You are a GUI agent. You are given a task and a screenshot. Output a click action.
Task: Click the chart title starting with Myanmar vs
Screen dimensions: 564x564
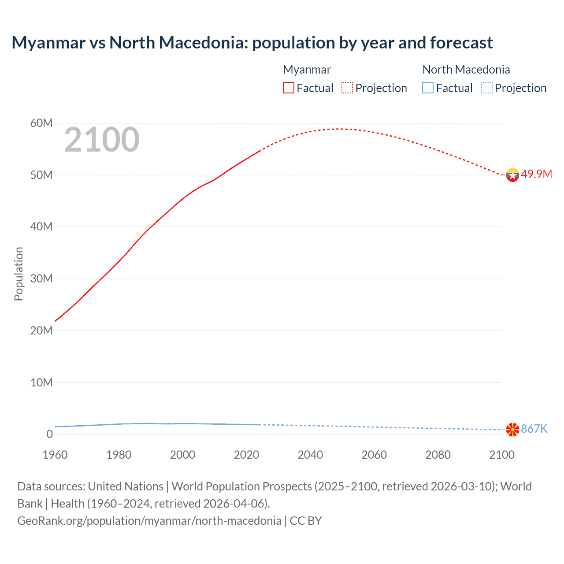pos(252,43)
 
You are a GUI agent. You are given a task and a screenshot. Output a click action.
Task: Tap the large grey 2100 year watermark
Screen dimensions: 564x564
pos(102,140)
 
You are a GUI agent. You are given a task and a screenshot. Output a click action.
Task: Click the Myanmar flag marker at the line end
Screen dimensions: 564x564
pos(512,175)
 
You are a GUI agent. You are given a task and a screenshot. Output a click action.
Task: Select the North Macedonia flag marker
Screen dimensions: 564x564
pos(512,429)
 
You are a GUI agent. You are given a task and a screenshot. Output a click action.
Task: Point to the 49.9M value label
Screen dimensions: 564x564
pos(536,174)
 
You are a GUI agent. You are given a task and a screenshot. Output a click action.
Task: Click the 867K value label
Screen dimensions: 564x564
pos(534,429)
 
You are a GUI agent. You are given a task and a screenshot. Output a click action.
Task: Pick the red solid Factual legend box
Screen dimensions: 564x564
pos(289,88)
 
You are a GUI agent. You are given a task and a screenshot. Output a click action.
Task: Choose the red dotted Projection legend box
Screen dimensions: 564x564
pos(347,88)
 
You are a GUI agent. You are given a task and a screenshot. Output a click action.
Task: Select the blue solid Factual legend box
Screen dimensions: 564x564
pos(428,88)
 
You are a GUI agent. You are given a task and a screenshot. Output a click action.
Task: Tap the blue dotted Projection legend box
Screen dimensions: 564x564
pos(487,88)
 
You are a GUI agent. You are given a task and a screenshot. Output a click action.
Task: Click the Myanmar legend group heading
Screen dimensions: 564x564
pos(307,70)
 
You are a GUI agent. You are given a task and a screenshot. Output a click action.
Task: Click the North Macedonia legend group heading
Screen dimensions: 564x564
pos(466,70)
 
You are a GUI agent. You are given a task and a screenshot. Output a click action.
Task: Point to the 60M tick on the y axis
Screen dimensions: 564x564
pos(41,123)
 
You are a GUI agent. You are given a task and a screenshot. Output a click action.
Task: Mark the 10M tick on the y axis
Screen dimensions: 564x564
pos(41,382)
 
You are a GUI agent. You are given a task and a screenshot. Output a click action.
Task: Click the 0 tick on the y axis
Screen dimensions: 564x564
pos(49,434)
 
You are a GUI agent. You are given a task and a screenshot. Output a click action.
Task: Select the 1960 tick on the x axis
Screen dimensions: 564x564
pos(55,455)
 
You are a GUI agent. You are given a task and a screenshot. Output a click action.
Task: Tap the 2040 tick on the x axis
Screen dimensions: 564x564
pos(310,455)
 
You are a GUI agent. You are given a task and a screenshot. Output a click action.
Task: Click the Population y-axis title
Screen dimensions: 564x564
pos(19,274)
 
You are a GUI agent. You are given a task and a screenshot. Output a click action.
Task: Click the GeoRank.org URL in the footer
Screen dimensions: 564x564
pos(149,521)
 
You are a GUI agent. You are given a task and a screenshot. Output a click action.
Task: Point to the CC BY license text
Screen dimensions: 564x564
pos(306,521)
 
